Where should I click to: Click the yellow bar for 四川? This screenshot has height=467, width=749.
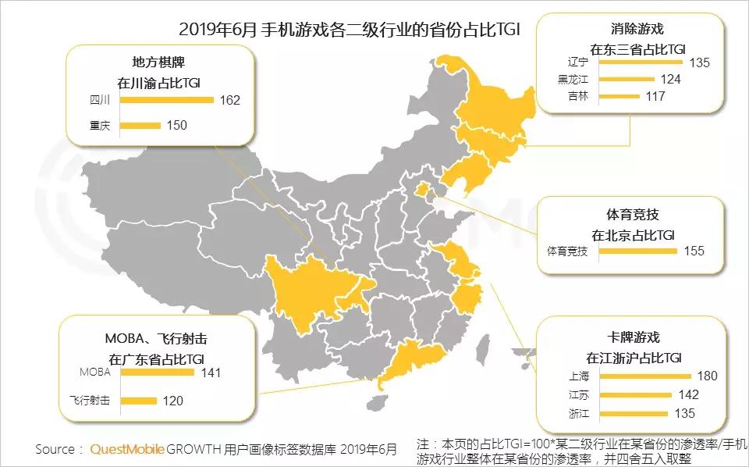click(x=167, y=100)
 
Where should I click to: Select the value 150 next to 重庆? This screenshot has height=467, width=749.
click(x=177, y=125)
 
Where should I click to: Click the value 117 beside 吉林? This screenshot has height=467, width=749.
click(x=655, y=96)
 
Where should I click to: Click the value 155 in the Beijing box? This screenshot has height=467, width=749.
click(x=694, y=251)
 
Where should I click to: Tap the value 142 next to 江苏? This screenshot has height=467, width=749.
click(x=689, y=394)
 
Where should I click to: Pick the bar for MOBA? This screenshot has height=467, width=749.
click(x=158, y=373)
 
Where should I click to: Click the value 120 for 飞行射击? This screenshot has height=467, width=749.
click(x=172, y=401)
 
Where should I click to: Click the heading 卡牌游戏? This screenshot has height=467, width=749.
click(x=633, y=337)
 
